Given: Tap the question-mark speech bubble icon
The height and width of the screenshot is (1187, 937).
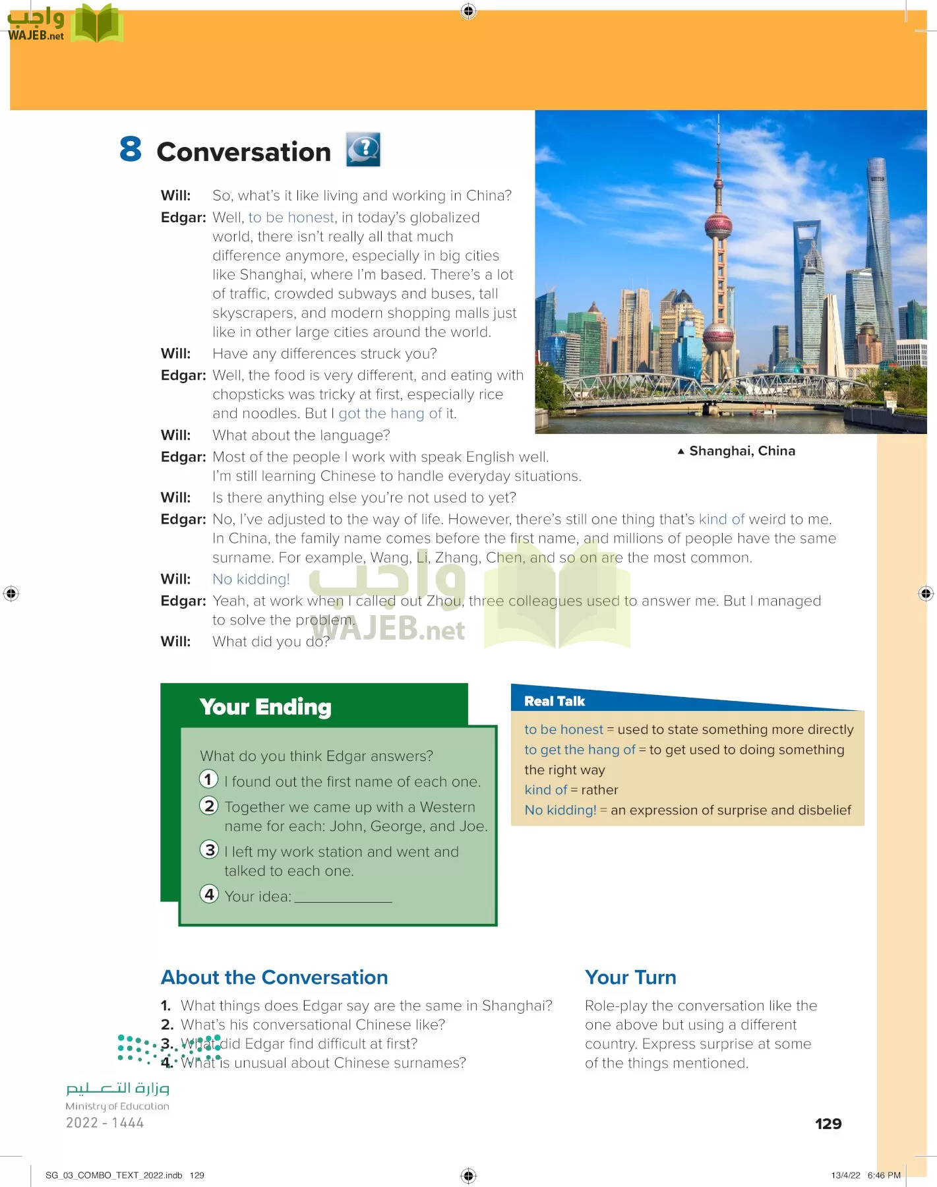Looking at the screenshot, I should (363, 149).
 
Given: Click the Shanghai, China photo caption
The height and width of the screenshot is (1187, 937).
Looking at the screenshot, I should (741, 451).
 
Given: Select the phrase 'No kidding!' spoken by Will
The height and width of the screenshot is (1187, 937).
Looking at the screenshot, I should (251, 579).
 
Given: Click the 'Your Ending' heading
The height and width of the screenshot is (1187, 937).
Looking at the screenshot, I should (265, 707).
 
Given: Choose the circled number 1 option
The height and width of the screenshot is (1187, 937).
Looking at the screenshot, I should (209, 779).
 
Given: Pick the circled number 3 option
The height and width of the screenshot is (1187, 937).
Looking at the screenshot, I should (209, 850).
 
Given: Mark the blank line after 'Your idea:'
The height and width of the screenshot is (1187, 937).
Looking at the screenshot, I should (343, 898).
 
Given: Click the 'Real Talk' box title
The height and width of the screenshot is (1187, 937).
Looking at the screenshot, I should (554, 701).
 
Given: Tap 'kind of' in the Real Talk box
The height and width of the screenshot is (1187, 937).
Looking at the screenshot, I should (545, 790).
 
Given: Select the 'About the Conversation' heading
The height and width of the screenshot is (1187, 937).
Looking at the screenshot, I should (274, 977).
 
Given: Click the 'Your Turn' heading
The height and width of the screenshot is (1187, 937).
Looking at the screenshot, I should (630, 977).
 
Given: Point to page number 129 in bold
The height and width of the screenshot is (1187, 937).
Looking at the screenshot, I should (828, 1124).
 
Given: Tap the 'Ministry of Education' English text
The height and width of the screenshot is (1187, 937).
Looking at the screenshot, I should (117, 1106).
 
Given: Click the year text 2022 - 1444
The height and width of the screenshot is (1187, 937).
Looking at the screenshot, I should (105, 1122).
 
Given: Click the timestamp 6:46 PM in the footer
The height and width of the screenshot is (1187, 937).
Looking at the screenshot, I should (884, 1175).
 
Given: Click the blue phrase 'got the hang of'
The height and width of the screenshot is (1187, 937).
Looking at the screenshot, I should (390, 413).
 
